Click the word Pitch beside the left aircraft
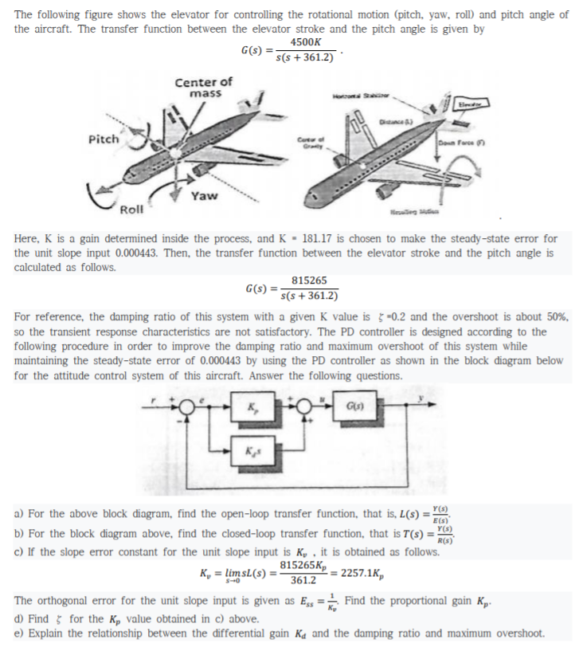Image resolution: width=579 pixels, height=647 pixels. (x=104, y=138)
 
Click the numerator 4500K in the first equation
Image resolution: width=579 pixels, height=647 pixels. (x=307, y=42)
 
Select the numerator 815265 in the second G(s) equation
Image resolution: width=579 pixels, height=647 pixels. (x=307, y=280)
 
